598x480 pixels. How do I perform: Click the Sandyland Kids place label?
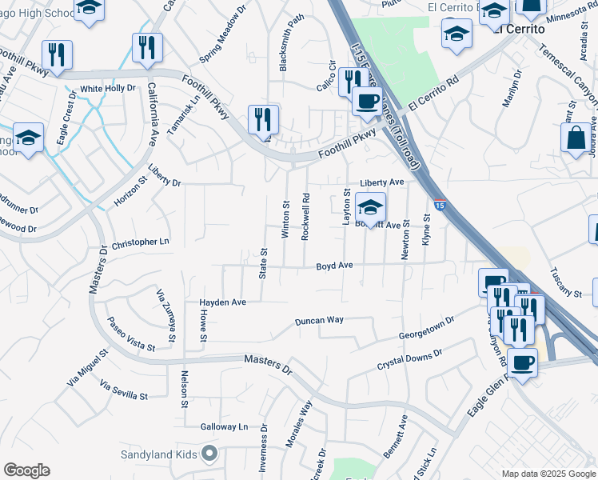pos(158,454)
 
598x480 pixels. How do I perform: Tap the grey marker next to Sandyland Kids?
pos(209,454)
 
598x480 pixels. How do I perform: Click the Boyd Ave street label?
pos(334,266)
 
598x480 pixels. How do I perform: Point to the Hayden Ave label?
pos(223,302)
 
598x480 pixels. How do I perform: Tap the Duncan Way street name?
pos(319,320)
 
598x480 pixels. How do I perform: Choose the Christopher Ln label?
pos(141,242)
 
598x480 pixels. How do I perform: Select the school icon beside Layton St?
pos(371,208)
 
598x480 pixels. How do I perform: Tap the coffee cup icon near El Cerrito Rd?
pos(367,102)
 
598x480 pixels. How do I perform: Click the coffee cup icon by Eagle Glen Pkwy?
pos(522,362)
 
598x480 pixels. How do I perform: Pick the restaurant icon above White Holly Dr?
pos(57,54)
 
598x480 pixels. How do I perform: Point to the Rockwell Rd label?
pos(305,215)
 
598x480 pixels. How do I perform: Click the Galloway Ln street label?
pos(225,427)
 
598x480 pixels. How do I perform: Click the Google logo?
pos(26,470)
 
